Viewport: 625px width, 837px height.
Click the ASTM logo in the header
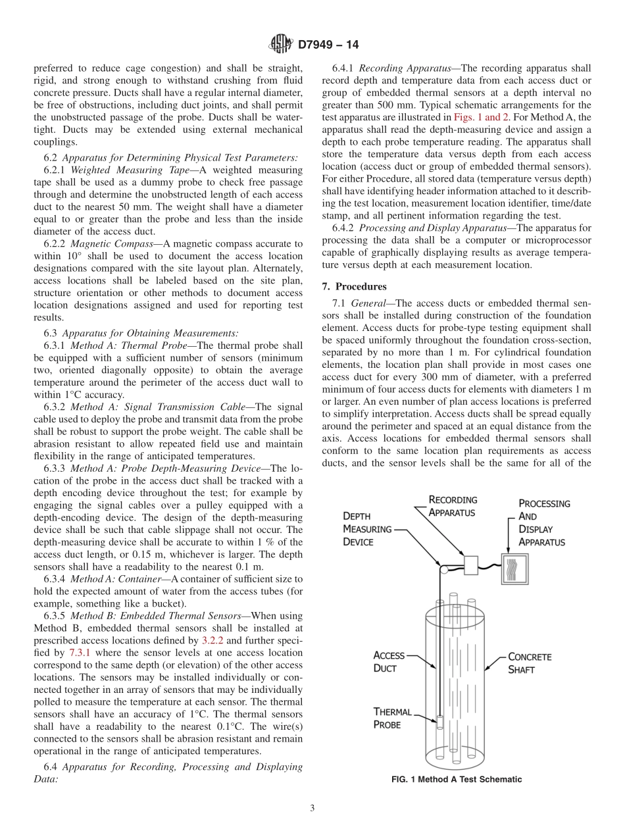coord(282,45)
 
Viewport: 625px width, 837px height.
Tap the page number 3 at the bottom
coord(312,808)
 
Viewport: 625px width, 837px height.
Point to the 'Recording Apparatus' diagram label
coord(453,506)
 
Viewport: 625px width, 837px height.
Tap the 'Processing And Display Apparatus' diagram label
coord(543,522)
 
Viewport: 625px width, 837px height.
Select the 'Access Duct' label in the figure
coord(388,661)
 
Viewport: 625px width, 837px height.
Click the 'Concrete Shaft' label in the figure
coord(530,663)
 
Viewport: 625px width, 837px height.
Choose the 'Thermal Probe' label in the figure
coord(392,718)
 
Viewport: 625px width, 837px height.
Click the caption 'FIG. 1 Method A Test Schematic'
coord(457,780)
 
